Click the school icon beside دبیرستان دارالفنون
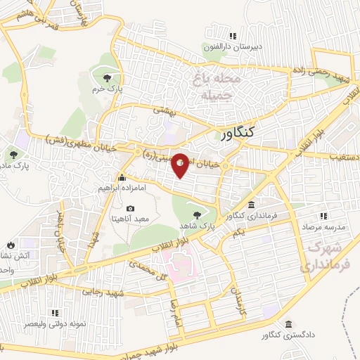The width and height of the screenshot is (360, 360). point(232,37)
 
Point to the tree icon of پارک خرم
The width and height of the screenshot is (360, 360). point(106,77)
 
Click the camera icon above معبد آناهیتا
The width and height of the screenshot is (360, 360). point(130,209)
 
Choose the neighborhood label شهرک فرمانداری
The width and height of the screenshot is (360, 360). point(321,258)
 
